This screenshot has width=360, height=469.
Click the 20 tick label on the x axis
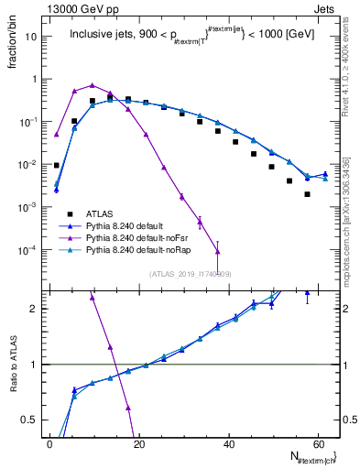(139, 443)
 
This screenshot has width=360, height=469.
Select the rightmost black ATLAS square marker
(307, 194)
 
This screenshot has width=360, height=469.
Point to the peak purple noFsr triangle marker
(93, 85)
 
